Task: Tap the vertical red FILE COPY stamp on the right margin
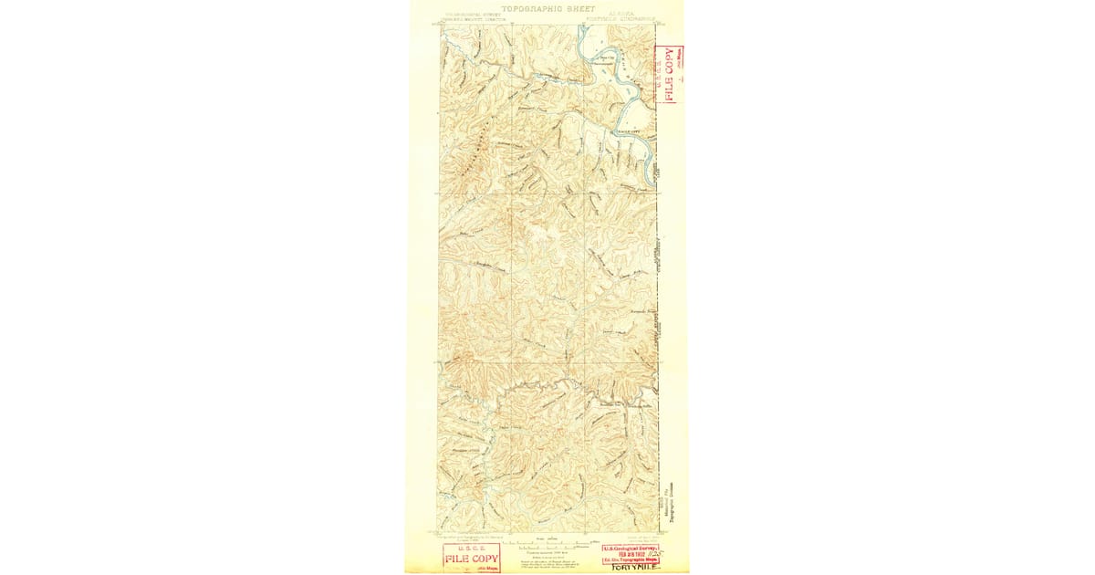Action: point(669,75)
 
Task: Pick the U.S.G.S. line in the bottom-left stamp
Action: point(472,549)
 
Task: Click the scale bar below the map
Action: point(547,545)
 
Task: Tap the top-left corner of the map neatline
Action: point(440,25)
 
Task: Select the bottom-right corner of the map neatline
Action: point(658,531)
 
